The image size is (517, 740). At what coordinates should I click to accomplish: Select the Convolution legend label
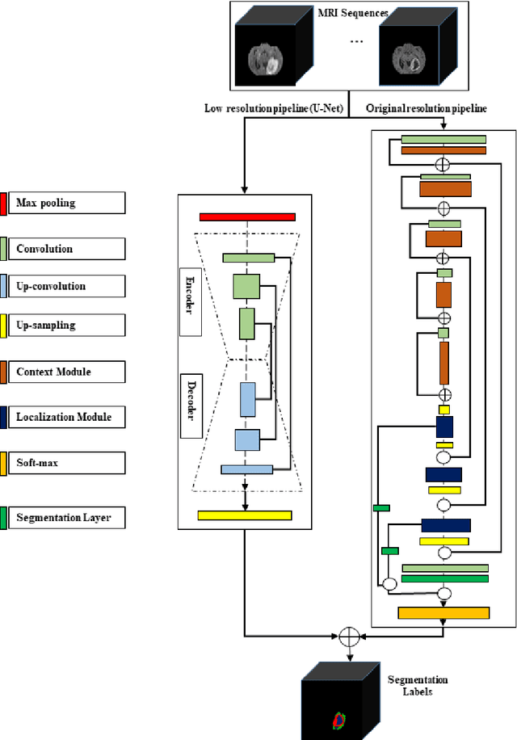[44, 249]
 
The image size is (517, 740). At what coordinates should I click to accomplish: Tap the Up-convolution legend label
[51, 286]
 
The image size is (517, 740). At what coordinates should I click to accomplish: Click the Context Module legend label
[53, 372]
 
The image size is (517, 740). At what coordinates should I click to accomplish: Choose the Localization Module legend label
[64, 417]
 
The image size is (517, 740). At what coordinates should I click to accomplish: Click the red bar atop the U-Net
[247, 217]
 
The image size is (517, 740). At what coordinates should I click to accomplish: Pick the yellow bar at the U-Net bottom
[245, 515]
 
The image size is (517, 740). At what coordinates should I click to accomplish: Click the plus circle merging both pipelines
[348, 636]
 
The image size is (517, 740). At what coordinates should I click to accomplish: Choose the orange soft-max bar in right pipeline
[443, 612]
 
